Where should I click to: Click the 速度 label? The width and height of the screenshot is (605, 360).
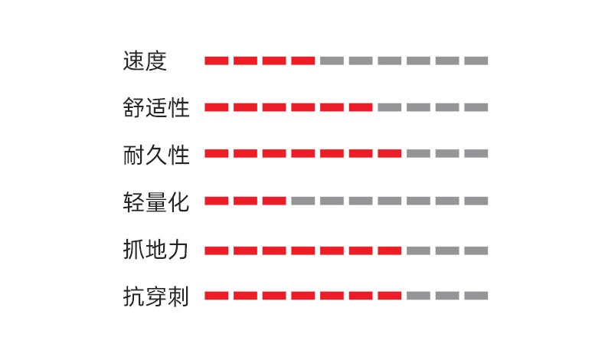pos(145,61)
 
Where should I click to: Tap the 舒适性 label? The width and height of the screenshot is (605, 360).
pos(156,107)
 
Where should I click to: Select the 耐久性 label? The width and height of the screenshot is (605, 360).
pos(156,154)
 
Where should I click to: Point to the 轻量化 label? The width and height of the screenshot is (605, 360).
pos(156,201)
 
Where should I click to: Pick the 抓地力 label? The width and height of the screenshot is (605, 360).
pos(156,249)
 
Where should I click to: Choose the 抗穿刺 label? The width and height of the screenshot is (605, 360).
pos(156,296)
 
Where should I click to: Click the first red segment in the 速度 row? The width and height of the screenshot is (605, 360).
pos(217,61)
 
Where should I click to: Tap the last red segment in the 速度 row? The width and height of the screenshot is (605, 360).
pos(303,61)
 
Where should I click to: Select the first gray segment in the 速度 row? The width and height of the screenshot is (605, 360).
pos(332,61)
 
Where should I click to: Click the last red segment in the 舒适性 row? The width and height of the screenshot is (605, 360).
pos(361,107)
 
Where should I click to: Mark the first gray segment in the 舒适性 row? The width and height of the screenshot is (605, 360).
pos(390,107)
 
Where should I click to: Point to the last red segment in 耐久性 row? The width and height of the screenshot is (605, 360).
pos(390,153)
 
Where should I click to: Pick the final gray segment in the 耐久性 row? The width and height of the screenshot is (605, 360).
pos(476,153)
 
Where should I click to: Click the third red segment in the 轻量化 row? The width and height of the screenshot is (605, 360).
pos(274,201)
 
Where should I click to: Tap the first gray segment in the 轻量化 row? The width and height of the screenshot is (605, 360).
pos(303,201)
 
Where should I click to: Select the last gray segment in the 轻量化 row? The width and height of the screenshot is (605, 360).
pos(476,201)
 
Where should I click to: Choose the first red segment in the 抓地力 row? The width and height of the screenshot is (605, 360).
pos(217,250)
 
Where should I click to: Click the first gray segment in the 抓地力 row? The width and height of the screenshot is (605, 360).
pos(419,250)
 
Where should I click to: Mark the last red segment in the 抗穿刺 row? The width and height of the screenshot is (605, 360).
pos(390,296)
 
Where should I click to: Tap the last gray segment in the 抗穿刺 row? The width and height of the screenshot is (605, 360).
pos(476,296)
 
